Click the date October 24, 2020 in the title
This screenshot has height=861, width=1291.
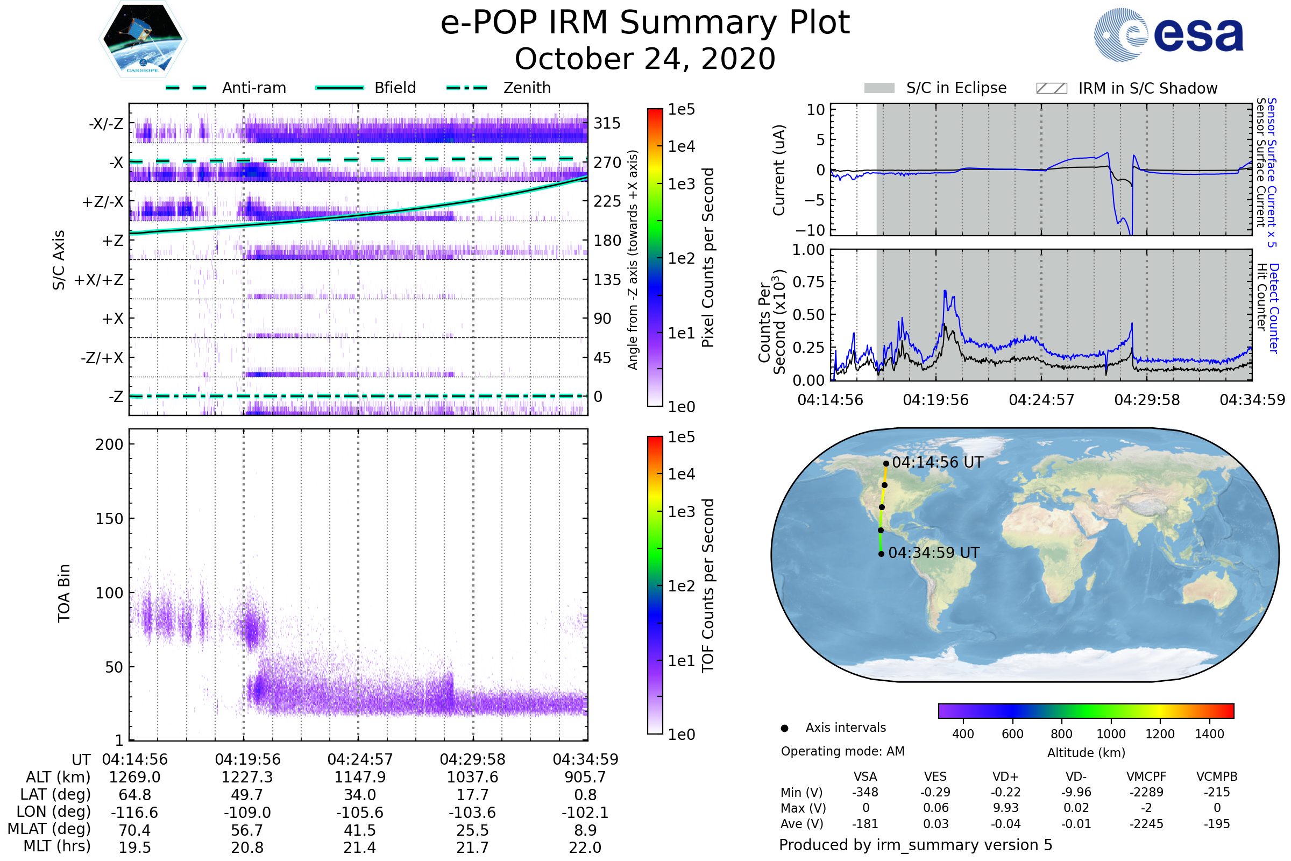(x=645, y=59)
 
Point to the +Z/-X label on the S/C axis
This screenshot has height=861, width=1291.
(x=103, y=202)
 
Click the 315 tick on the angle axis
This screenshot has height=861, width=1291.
(x=607, y=123)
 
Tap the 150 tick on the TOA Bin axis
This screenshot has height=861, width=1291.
(x=109, y=519)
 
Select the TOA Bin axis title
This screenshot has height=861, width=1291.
(x=64, y=592)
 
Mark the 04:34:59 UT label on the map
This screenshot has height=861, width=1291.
(x=933, y=553)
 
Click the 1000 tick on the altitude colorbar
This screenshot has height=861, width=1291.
(x=1110, y=734)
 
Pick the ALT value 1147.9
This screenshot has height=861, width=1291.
(x=359, y=777)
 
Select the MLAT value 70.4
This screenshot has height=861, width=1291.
(x=134, y=830)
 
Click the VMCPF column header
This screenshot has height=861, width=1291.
(x=1146, y=777)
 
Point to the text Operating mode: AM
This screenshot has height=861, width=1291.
(x=842, y=751)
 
